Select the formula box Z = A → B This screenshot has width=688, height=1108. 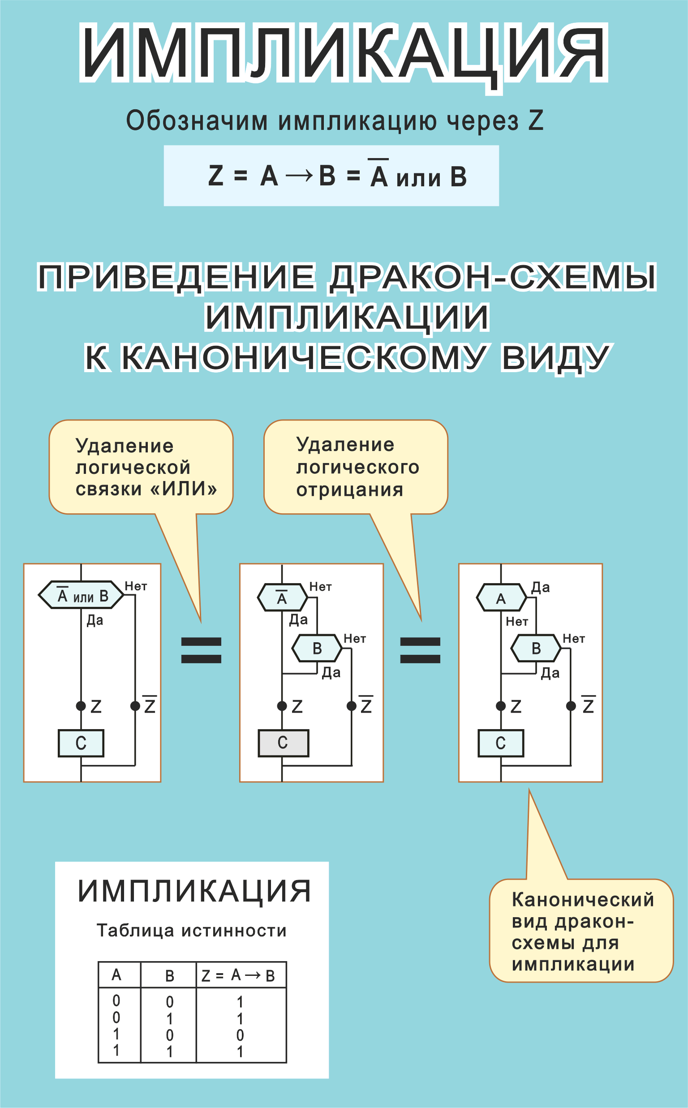(x=331, y=176)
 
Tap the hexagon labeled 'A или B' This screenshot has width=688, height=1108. (x=81, y=595)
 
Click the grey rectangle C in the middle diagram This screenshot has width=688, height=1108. (x=283, y=743)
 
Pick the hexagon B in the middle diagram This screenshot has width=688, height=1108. (x=317, y=648)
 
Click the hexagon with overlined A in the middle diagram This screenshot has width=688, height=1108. (x=282, y=597)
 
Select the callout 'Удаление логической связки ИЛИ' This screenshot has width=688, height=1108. (x=141, y=467)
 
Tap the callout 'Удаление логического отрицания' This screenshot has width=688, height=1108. (x=356, y=467)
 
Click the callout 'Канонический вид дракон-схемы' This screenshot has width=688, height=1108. (x=581, y=932)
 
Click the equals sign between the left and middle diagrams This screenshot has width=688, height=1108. (x=201, y=650)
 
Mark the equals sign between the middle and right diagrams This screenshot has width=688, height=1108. (x=420, y=650)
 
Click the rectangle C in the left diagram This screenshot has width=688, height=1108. (x=81, y=743)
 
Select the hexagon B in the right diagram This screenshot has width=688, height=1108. (x=536, y=648)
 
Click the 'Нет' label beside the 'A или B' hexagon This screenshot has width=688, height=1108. (x=136, y=586)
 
